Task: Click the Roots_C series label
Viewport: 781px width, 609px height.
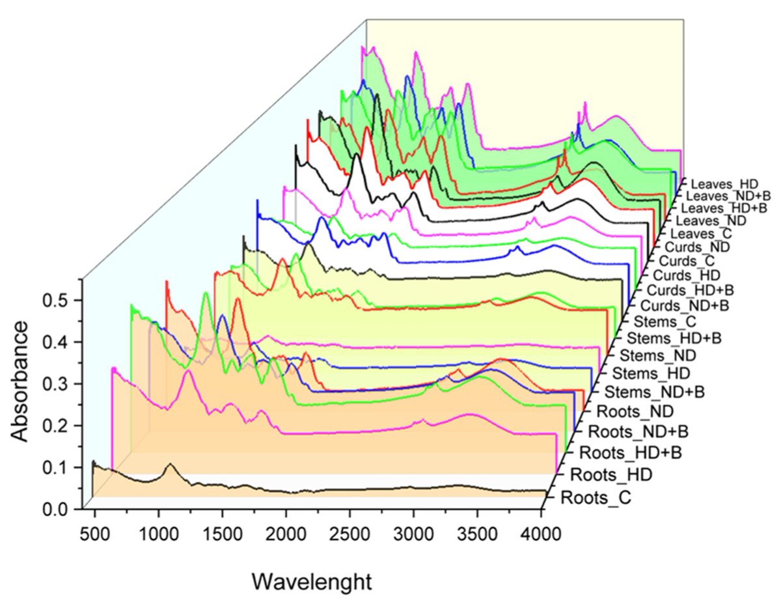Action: click(x=596, y=499)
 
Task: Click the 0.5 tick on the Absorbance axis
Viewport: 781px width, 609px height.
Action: click(x=59, y=301)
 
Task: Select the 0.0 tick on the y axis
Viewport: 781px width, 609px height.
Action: click(x=59, y=509)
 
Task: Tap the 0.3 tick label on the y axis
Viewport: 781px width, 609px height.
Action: click(x=59, y=384)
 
